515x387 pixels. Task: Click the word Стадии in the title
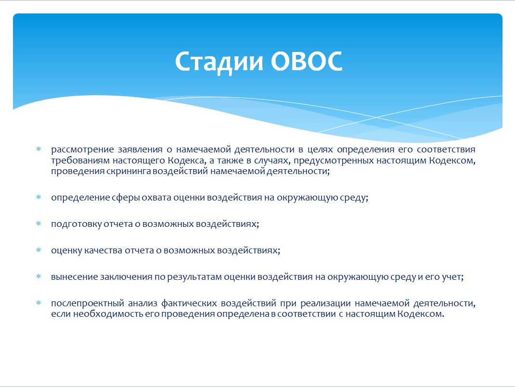[x=219, y=62]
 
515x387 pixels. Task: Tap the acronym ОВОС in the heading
[x=307, y=62]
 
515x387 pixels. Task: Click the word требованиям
[x=80, y=161]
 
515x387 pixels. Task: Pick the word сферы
[x=126, y=198]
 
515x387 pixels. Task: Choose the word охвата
[x=156, y=198]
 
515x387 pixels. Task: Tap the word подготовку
[x=77, y=225]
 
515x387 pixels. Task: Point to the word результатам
[x=194, y=277]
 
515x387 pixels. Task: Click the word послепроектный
[x=88, y=304]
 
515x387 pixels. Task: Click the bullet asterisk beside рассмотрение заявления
[x=39, y=149]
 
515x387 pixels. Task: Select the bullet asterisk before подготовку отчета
[x=39, y=224]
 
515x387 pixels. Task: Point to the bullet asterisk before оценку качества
[x=39, y=250]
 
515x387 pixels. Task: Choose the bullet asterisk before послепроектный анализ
[x=39, y=303]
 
